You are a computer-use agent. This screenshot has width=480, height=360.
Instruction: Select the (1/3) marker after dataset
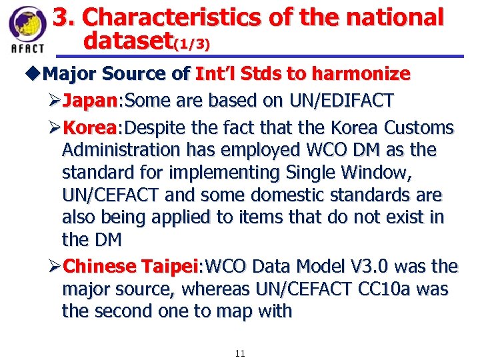click(x=192, y=45)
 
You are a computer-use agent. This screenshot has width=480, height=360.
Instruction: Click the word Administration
click(x=120, y=150)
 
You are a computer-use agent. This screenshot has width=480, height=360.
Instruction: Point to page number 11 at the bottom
click(x=240, y=353)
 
